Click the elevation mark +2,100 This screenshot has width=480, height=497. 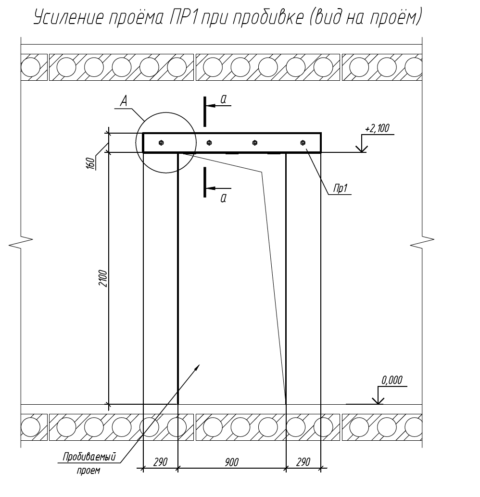pos(377,128)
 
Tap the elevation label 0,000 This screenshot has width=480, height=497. pos(392,380)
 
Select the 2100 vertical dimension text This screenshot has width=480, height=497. pos(103,278)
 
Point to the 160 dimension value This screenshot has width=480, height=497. pos(91,163)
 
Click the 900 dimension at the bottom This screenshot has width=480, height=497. pos(232,462)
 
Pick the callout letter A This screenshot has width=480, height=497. pos(124,101)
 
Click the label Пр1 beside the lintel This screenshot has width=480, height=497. pos(340,188)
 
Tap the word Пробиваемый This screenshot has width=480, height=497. pos(89,457)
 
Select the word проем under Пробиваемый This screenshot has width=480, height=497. pos(88,471)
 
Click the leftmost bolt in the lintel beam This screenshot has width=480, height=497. pos(161,143)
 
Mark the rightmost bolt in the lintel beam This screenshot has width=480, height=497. pos(303,143)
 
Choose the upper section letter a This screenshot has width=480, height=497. pos(223,99)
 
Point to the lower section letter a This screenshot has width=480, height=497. pos(223,198)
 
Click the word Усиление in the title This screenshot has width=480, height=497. pos(69,17)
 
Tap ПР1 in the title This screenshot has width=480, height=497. pos(184,17)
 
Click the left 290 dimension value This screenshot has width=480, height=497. pos(160,462)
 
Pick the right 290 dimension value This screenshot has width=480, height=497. pos(303,462)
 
